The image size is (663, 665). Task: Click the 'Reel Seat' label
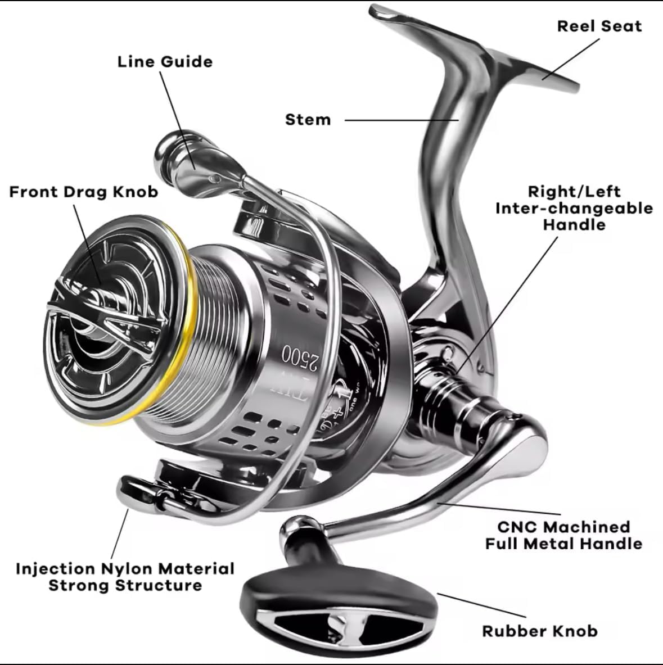tap(599, 26)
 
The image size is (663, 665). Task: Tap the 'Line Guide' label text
tap(165, 62)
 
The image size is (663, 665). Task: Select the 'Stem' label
tap(308, 120)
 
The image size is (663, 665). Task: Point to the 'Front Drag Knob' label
tap(84, 192)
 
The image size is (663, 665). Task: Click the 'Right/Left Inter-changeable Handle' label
tap(574, 208)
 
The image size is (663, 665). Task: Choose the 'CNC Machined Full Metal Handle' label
tap(563, 535)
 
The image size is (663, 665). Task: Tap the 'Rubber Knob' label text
tap(540, 631)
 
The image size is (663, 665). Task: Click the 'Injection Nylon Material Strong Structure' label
tap(125, 577)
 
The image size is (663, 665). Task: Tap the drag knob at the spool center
tap(104, 306)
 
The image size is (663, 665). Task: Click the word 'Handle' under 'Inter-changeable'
tap(574, 225)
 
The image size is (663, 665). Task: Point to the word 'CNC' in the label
tap(518, 527)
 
